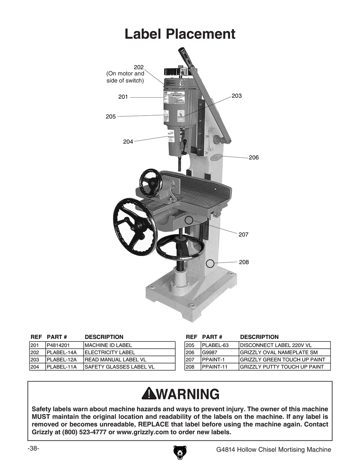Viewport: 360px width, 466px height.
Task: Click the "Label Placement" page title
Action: click(x=180, y=34)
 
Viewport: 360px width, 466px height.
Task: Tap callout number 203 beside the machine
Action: click(x=237, y=96)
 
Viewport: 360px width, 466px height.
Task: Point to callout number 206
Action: click(x=253, y=157)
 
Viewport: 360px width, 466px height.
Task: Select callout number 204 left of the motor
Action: click(x=128, y=142)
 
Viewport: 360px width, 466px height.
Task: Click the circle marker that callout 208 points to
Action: click(x=210, y=264)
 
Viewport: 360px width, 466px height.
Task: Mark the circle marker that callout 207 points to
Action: click(x=189, y=220)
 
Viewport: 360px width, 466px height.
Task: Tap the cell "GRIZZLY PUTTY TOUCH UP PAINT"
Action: click(x=282, y=367)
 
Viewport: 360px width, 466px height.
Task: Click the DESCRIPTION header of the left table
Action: click(x=104, y=337)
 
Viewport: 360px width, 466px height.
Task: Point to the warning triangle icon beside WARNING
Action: click(x=148, y=394)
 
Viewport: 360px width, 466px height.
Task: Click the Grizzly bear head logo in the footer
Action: click(x=180, y=452)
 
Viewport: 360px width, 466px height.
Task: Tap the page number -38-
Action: click(x=33, y=448)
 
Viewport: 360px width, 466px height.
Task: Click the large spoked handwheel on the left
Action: click(x=135, y=226)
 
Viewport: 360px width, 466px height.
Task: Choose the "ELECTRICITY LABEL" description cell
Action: click(x=110, y=352)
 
